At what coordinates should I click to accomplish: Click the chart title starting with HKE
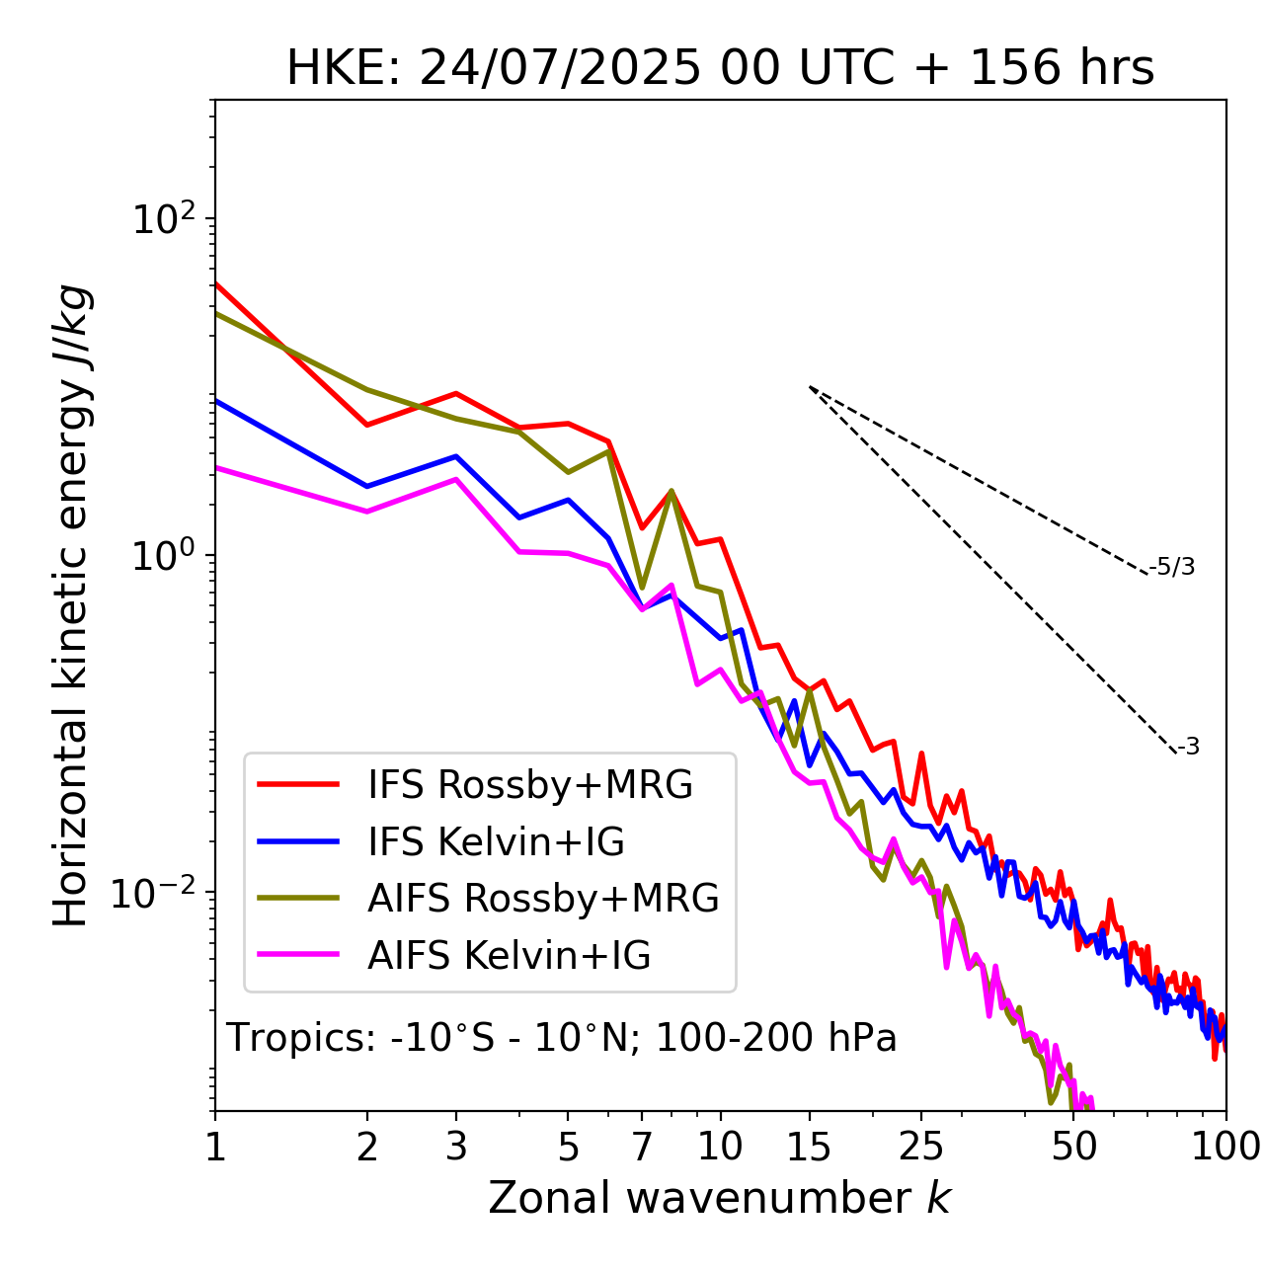pos(720,68)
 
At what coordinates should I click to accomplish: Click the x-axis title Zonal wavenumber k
pos(720,1198)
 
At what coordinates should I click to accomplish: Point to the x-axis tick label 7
pos(642,1146)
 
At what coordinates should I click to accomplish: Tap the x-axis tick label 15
pos(809,1146)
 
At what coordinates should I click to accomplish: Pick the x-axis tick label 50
pos(1074,1146)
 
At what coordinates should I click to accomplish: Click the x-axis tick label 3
pos(456,1146)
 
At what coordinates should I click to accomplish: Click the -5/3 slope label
pos(1172,567)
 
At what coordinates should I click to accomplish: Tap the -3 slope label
pos(1188,748)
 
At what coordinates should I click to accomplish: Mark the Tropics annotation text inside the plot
pos(562,1038)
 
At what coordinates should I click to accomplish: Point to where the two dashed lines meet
pos(810,387)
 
